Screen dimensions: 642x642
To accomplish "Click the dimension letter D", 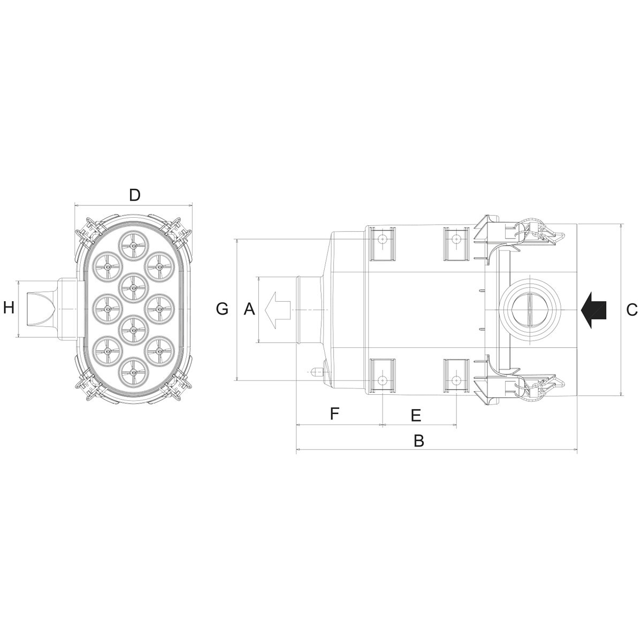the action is click(134, 195).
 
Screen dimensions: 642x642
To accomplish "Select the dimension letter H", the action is click(9, 308).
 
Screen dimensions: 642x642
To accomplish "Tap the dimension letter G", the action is click(222, 309).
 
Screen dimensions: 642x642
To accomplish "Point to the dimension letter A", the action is click(249, 309).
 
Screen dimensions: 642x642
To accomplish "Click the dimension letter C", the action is click(632, 310).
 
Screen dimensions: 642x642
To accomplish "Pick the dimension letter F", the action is click(334, 414).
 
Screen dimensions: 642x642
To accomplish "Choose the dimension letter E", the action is click(416, 416).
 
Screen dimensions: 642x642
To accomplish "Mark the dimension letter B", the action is click(419, 441).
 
